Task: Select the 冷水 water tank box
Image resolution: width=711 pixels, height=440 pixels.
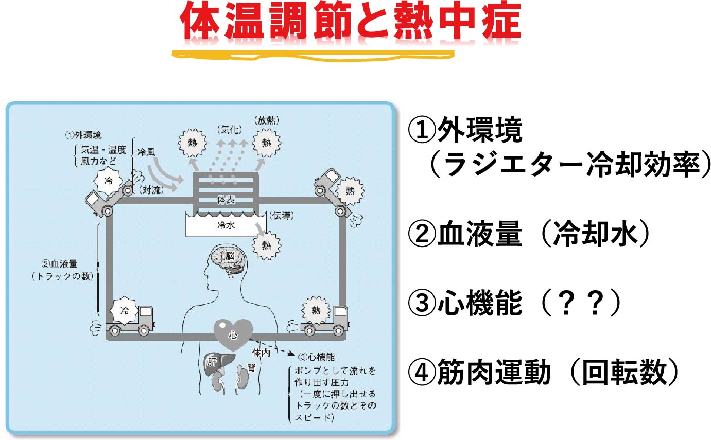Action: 226,224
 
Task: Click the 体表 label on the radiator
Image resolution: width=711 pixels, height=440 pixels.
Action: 226,200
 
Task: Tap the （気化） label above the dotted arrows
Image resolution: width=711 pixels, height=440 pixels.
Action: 230,130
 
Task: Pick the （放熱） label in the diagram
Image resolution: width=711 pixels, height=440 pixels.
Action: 267,120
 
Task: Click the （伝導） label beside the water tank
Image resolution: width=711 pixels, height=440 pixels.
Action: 282,216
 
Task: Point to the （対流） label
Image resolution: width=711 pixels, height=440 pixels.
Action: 151,190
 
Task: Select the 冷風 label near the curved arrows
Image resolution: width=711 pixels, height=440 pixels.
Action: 146,152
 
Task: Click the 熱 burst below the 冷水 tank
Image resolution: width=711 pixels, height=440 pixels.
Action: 266,245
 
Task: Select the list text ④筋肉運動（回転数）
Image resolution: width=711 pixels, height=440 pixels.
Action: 543,372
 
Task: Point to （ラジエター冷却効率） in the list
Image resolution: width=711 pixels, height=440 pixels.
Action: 570,164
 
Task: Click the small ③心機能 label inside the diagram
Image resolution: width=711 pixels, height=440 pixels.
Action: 316,357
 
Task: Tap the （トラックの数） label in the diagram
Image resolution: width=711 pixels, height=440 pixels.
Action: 62,276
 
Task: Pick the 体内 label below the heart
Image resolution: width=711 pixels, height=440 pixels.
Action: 261,353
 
